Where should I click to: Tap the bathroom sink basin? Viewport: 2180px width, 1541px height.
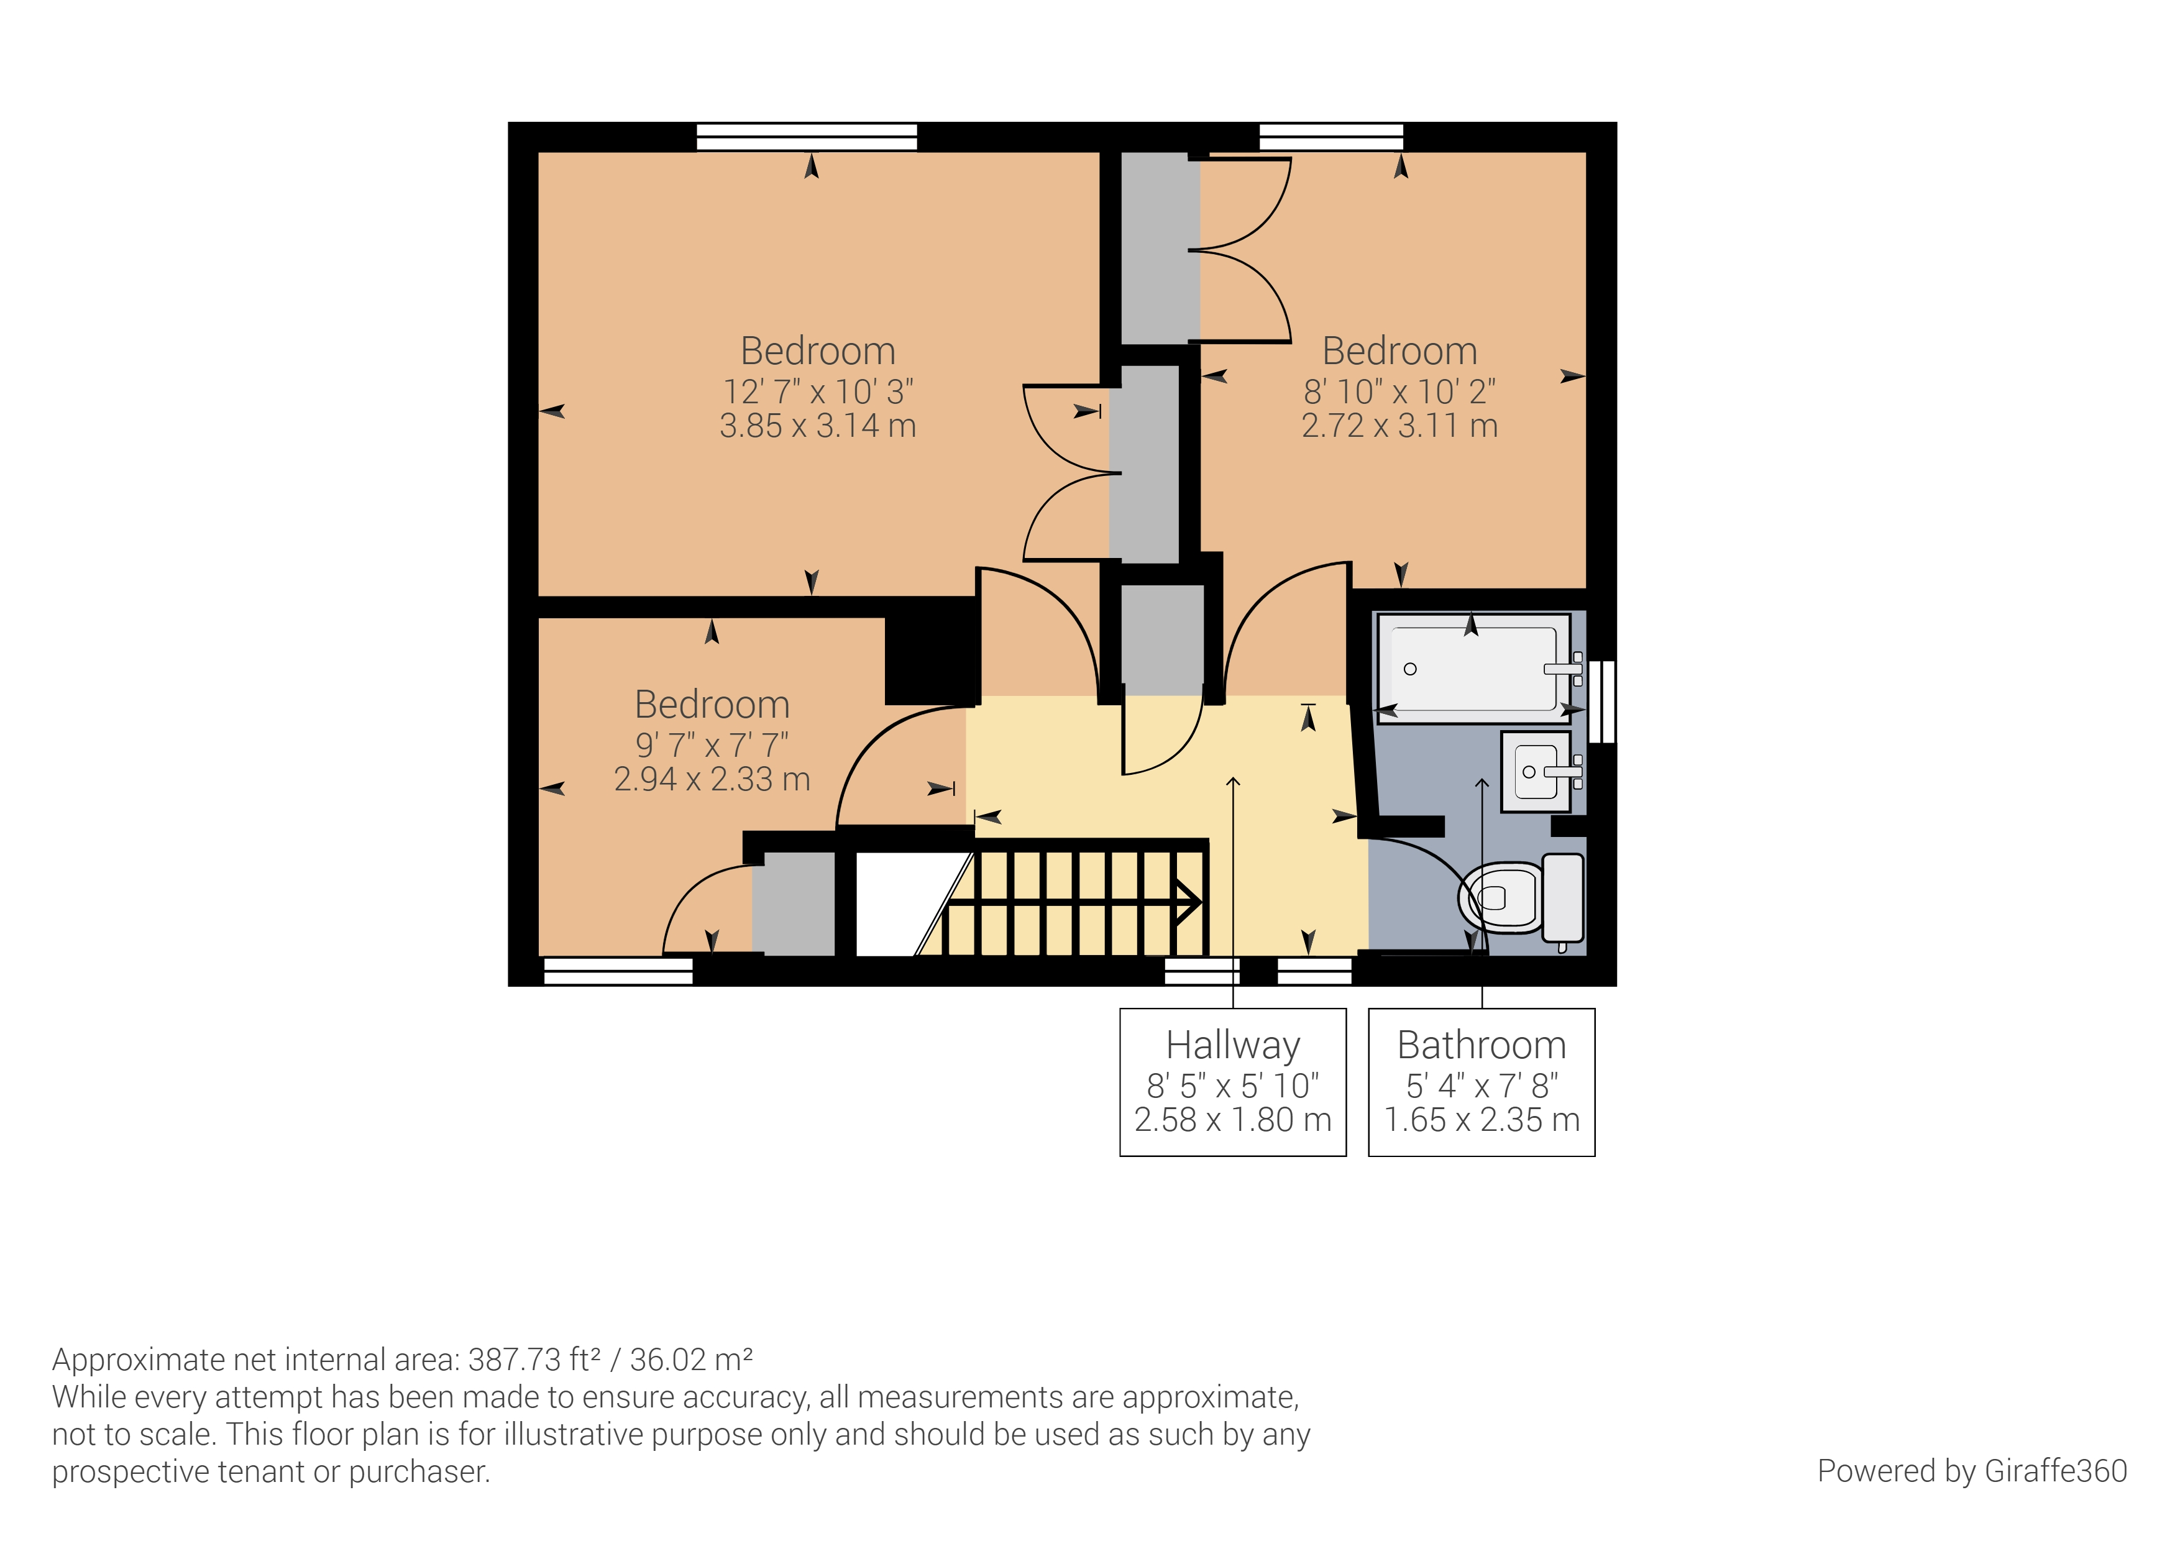pyautogui.click(x=1536, y=772)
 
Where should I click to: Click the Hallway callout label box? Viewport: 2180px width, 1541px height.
pyautogui.click(x=1232, y=1081)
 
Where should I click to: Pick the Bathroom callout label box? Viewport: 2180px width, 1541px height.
pyautogui.click(x=1481, y=1081)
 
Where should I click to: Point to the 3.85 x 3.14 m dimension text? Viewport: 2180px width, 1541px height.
pyautogui.click(x=818, y=426)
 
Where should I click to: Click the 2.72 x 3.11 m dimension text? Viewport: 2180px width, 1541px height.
pyautogui.click(x=1399, y=426)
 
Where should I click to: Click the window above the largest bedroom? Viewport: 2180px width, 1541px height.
pyautogui.click(x=807, y=137)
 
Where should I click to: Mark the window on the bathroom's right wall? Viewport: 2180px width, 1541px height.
pyautogui.click(x=1602, y=701)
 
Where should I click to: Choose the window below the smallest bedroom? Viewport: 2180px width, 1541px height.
pyautogui.click(x=618, y=971)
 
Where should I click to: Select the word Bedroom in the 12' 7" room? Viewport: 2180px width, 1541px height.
pyautogui.click(x=818, y=351)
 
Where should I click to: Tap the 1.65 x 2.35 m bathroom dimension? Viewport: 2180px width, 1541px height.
pyautogui.click(x=1481, y=1120)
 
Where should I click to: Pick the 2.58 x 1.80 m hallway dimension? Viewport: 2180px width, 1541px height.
pyautogui.click(x=1232, y=1120)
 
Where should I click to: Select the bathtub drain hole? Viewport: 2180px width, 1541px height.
pyautogui.click(x=1410, y=669)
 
